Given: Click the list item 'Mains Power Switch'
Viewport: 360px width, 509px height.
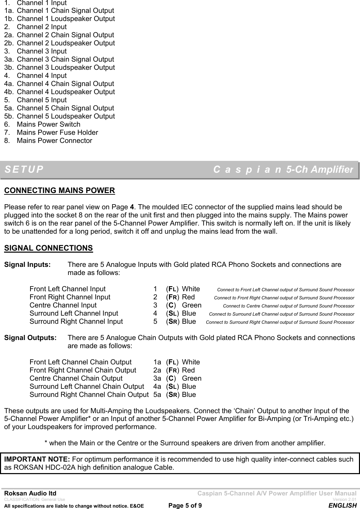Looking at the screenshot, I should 48,124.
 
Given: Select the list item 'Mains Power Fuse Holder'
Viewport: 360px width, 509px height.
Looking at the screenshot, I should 57,132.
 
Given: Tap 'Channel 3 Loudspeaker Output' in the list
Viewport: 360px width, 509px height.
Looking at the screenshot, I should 66,67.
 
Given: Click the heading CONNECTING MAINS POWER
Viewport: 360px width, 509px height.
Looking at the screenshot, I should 59,190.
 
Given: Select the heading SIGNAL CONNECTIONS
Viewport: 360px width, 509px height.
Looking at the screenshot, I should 48,238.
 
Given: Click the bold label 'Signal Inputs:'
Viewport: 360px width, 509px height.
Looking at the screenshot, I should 27,264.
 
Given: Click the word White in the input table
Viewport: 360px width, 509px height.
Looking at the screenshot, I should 191,289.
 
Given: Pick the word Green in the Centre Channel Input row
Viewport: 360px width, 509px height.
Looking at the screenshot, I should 192,305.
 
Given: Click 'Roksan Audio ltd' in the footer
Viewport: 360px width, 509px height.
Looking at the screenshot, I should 30,494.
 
